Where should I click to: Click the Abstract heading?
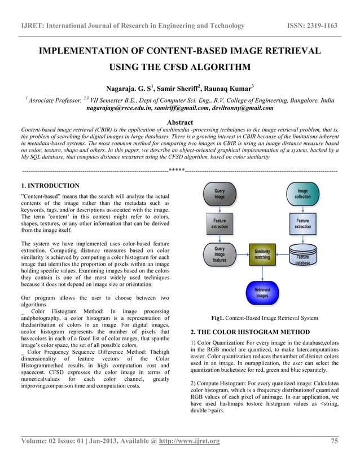click(180, 122)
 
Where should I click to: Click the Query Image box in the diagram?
click(219, 194)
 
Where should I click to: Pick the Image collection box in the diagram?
click(302, 194)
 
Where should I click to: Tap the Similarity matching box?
click(262, 255)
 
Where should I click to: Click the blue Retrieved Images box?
click(262, 292)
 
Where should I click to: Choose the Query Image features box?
click(219, 255)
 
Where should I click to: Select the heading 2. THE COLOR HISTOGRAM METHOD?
click(250, 332)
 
